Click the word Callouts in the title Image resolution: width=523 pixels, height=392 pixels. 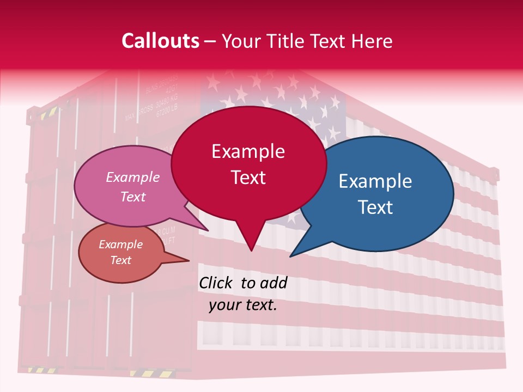[161, 41]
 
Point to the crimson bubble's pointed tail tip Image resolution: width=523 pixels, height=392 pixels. [251, 251]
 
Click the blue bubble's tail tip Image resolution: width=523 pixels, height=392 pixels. [290, 256]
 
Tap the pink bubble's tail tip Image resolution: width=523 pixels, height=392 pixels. [208, 231]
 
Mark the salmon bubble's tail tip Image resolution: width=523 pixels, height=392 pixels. [189, 260]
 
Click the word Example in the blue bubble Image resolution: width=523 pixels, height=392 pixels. [375, 181]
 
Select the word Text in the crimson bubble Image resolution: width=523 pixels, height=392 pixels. [248, 177]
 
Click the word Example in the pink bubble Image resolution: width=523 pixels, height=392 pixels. [133, 177]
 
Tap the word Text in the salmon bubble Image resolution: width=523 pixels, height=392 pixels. [121, 260]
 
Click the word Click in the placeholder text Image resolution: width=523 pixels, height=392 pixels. [217, 283]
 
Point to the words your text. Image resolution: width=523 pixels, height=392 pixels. [243, 305]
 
